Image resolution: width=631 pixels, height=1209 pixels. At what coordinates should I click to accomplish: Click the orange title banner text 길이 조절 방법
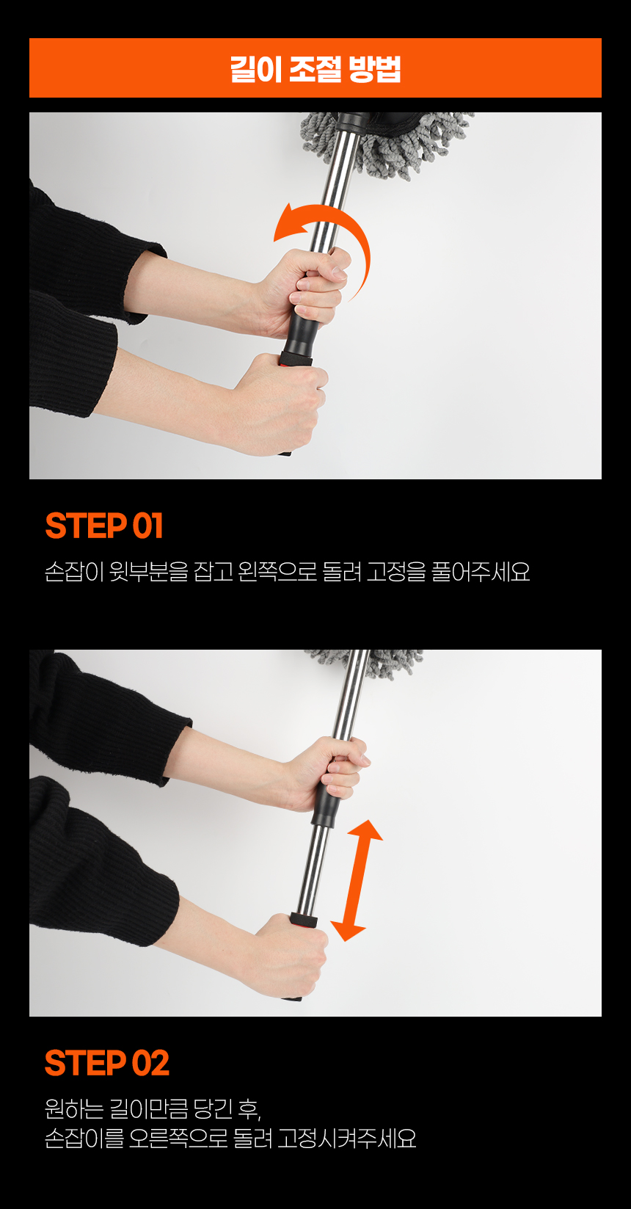[x=315, y=68]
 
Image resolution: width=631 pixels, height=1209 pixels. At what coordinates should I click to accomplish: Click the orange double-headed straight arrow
[x=357, y=880]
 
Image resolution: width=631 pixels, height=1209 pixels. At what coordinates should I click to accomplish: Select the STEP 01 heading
[x=104, y=526]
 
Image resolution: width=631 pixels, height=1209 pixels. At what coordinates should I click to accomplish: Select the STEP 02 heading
[x=107, y=1063]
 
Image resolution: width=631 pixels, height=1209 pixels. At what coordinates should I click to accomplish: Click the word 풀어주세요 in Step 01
[x=481, y=571]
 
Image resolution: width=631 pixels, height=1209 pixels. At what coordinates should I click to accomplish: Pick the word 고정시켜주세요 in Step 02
[x=347, y=1139]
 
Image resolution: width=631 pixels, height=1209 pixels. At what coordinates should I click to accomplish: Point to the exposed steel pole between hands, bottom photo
[x=313, y=869]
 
